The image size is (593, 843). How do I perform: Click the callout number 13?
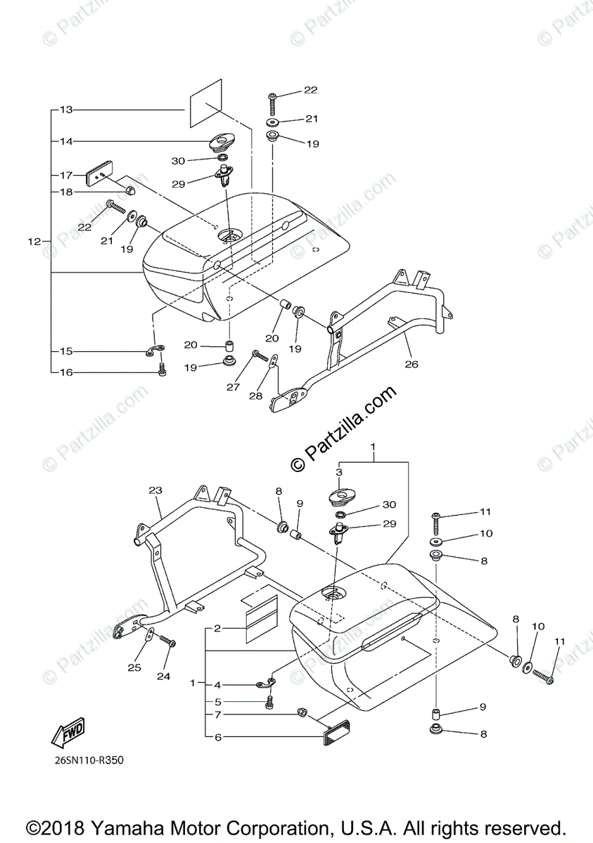pyautogui.click(x=66, y=110)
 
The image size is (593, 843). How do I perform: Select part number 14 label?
pyautogui.click(x=66, y=141)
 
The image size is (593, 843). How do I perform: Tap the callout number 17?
pyautogui.click(x=66, y=175)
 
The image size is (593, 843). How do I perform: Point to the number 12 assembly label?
pyautogui.click(x=34, y=242)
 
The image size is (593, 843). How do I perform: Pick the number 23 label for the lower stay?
pyautogui.click(x=155, y=490)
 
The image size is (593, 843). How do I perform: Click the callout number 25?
pyautogui.click(x=134, y=667)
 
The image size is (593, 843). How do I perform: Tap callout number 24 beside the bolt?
pyautogui.click(x=164, y=677)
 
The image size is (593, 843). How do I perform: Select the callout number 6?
pyautogui.click(x=218, y=737)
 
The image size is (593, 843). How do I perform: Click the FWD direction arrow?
pyautogui.click(x=68, y=733)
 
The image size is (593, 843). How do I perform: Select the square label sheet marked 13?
pyautogui.click(x=205, y=104)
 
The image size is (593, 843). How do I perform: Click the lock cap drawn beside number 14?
pyautogui.click(x=222, y=143)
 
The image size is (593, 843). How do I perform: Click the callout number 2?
pyautogui.click(x=218, y=628)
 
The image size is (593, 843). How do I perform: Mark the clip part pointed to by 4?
pyautogui.click(x=266, y=682)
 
